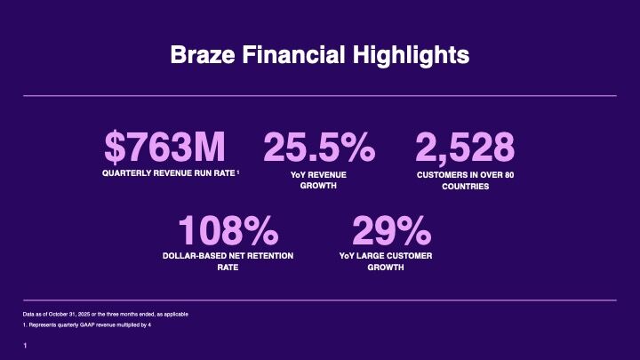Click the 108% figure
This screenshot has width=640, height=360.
point(228,232)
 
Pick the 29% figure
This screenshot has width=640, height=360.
point(391,232)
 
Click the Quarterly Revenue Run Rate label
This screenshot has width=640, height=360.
point(168,175)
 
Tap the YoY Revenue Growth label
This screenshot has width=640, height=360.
point(318,180)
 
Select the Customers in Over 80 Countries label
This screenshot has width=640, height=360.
point(465,180)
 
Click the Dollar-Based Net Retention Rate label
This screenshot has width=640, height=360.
point(228,260)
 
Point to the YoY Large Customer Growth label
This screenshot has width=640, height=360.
point(391,260)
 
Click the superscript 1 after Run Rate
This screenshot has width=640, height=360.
point(239,173)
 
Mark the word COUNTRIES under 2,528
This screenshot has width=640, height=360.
point(465,187)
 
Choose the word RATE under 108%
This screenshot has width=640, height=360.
point(228,267)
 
